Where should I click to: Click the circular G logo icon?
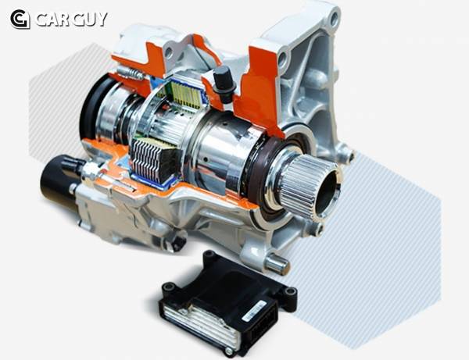click(20, 19)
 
